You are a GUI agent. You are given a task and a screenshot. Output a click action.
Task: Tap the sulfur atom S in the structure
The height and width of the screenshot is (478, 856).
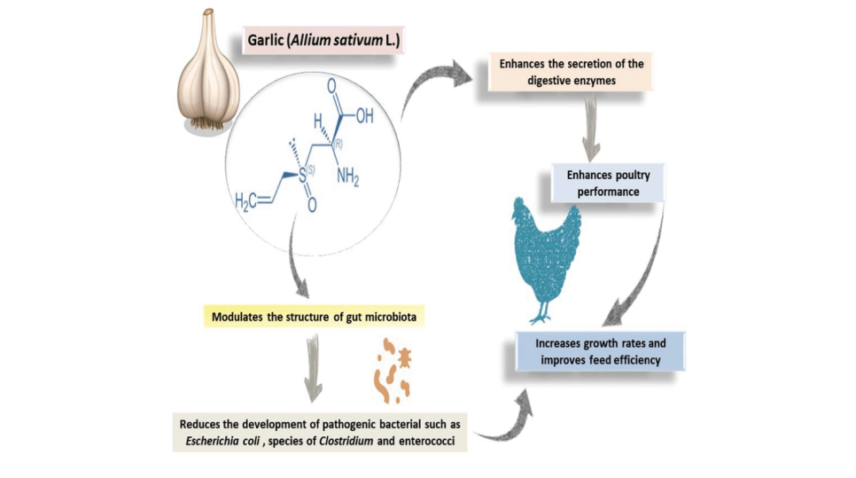[x=303, y=176]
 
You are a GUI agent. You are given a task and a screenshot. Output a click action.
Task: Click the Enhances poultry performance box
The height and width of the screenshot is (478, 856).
[x=608, y=183]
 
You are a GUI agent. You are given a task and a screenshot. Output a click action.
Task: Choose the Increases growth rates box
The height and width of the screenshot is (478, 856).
[x=603, y=352]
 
